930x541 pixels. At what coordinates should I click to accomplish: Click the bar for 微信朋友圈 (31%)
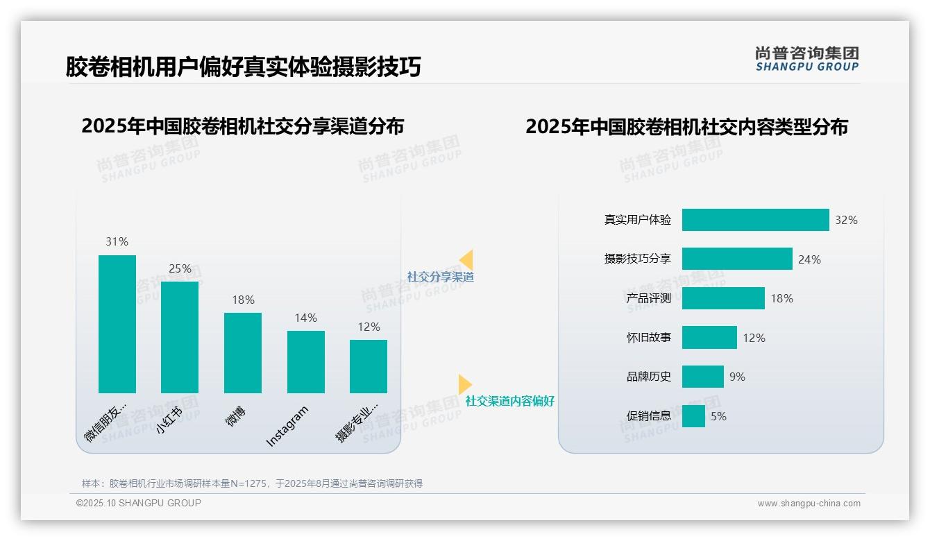(117, 324)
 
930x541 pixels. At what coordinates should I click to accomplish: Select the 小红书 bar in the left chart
(180, 337)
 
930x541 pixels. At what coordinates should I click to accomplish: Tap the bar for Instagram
(306, 361)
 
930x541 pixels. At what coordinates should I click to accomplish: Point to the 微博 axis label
(236, 418)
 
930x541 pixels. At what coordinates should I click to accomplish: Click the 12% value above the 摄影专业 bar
(369, 327)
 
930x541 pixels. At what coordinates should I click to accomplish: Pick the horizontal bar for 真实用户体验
(755, 220)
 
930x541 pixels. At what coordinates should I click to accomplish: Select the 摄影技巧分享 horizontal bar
(737, 259)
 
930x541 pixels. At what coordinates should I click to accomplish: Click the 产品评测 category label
(648, 298)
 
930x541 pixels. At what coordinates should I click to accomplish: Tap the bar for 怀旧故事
(709, 338)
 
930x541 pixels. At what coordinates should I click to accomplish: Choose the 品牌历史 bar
(702, 377)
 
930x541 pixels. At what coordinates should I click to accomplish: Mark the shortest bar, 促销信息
(693, 416)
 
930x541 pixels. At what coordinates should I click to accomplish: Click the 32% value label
(846, 220)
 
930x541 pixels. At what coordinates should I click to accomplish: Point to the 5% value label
(718, 416)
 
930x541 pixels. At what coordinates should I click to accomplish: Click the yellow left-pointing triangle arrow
(466, 260)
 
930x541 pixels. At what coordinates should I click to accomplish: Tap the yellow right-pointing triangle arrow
(465, 384)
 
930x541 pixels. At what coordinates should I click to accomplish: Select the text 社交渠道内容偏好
(509, 401)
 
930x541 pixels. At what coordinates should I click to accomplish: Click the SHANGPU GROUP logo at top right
(807, 59)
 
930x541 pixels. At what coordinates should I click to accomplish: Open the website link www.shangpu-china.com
(809, 504)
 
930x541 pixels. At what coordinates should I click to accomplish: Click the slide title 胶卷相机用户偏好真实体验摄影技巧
(243, 67)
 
